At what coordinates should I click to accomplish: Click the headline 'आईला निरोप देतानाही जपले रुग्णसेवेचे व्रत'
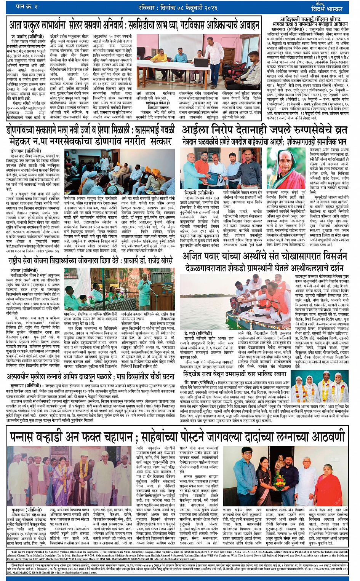(x=264, y=130)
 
